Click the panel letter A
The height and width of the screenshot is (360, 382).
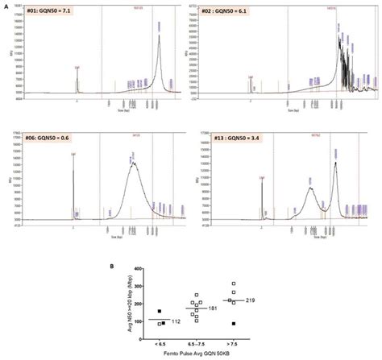5,5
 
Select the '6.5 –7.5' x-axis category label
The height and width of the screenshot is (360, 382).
193,338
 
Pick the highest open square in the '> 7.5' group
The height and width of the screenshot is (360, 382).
234,283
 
